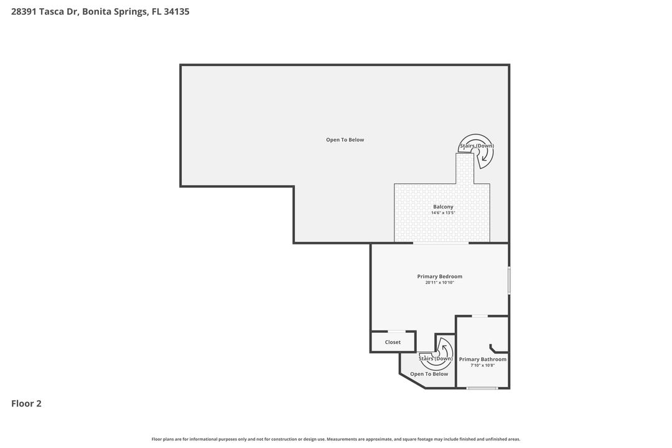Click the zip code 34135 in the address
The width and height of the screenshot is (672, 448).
click(x=176, y=11)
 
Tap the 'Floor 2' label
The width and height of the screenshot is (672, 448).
click(x=26, y=403)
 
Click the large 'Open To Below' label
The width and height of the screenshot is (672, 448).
click(x=345, y=140)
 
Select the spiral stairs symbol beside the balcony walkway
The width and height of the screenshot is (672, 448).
click(x=477, y=150)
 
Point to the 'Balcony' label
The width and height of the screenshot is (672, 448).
click(x=443, y=207)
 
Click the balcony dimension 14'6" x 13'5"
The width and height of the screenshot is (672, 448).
click(x=443, y=213)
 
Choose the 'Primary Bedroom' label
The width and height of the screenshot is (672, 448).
click(x=439, y=276)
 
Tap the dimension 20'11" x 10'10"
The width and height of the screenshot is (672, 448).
click(x=439, y=283)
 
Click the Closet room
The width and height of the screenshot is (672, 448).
click(x=393, y=342)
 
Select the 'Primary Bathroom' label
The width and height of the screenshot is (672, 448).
click(x=482, y=359)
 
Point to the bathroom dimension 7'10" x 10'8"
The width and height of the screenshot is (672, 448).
click(x=482, y=366)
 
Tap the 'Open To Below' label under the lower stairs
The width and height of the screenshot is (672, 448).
click(x=429, y=374)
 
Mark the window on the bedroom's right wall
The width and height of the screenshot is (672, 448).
click(x=508, y=280)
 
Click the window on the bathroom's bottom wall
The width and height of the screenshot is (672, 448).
click(x=482, y=388)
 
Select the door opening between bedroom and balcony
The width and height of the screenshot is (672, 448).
click(x=441, y=243)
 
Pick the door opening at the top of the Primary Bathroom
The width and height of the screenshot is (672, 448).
click(x=479, y=316)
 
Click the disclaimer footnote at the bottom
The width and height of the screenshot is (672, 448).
click(x=336, y=439)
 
